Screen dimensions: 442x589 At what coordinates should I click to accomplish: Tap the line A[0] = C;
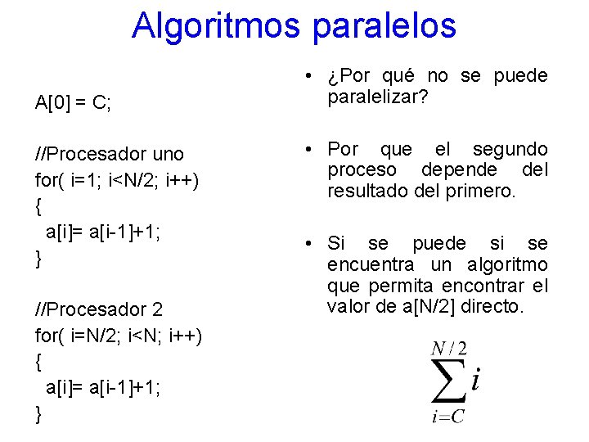(x=74, y=104)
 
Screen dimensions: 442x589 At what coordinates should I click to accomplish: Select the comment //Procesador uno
(x=110, y=154)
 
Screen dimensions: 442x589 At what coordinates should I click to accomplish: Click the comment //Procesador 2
(x=99, y=309)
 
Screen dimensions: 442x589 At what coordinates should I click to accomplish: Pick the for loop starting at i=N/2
(x=119, y=336)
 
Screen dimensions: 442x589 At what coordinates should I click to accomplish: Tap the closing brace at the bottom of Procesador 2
(x=39, y=414)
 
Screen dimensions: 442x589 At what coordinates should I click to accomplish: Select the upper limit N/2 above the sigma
(x=449, y=350)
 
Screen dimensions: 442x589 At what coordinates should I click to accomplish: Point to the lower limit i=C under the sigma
(x=448, y=417)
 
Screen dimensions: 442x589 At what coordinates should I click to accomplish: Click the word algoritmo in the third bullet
(x=507, y=264)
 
